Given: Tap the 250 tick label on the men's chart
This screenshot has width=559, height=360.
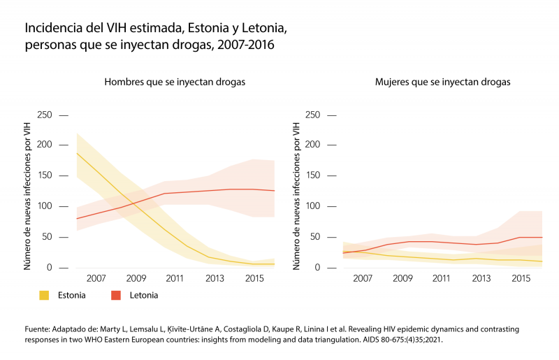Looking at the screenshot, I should point(45,115).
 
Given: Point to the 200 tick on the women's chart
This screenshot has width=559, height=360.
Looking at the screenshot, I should point(313,145).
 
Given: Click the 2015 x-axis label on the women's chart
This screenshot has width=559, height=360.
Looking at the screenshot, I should point(521,279).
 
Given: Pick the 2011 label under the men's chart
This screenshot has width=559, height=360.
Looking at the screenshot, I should point(174,279).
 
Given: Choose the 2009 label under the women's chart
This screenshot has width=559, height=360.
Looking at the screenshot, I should point(402,279).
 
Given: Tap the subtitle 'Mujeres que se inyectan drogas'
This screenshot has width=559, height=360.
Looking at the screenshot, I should point(442,82).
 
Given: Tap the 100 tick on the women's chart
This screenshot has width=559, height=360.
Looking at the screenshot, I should point(313,206).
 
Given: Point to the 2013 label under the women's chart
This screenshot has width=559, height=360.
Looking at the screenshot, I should point(481,279).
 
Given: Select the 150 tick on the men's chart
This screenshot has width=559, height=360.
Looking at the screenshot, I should point(45,175).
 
